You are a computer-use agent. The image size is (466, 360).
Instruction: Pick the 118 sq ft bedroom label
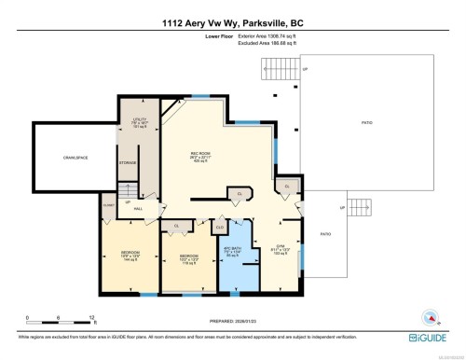point(186,256)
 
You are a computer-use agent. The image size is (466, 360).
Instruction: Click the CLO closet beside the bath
point(220,226)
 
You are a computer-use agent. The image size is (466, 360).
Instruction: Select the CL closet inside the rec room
point(240,194)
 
